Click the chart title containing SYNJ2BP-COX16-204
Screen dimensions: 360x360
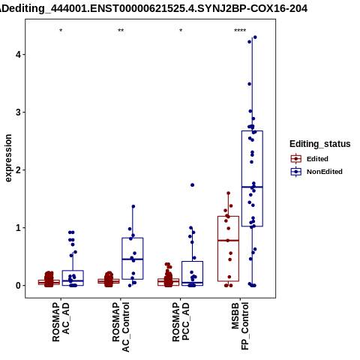coord(154,8)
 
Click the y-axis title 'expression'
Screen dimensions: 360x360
coord(8,158)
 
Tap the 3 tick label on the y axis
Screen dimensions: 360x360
coord(18,112)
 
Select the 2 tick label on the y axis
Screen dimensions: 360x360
coord(18,170)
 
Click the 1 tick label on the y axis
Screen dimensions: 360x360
coord(18,228)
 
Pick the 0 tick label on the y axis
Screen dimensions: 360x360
coord(18,286)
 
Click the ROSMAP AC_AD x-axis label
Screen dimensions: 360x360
coord(61,322)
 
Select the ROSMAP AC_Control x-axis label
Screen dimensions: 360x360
coord(121,327)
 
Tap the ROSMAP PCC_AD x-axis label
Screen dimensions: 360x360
coord(181,322)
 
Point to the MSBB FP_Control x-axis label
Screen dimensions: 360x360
coord(240,326)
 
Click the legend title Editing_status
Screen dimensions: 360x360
coord(320,144)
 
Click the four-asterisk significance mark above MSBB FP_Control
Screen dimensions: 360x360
coord(240,31)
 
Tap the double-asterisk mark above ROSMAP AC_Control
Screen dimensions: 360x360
coord(121,31)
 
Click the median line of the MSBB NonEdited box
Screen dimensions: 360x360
coord(252,187)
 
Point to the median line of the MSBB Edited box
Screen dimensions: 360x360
coord(228,241)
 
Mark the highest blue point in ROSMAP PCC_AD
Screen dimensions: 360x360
coord(192,185)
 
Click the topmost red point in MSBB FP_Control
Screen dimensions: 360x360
coord(228,193)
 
